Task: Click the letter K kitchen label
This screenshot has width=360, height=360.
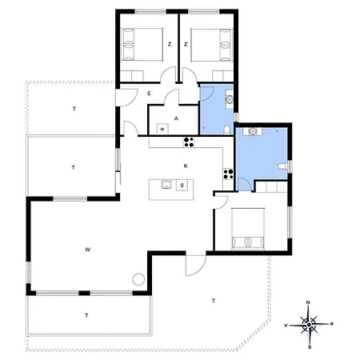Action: pyautogui.click(x=186, y=166)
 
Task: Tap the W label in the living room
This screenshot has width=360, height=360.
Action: pyautogui.click(x=87, y=250)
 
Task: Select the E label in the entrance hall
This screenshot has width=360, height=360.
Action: pyautogui.click(x=149, y=94)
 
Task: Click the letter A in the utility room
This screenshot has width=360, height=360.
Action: pyautogui.click(x=176, y=118)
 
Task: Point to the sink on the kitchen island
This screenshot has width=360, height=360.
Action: pyautogui.click(x=166, y=185)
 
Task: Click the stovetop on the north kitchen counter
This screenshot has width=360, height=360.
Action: pyautogui.click(x=189, y=142)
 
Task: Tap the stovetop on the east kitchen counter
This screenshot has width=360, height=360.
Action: pyautogui.click(x=228, y=174)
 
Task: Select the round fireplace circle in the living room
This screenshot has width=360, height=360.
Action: pyautogui.click(x=138, y=279)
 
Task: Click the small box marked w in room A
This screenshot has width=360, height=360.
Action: pyautogui.click(x=162, y=129)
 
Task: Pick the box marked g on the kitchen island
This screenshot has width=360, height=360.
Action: pyautogui.click(x=182, y=185)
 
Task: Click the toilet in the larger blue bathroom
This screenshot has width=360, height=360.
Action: pyautogui.click(x=283, y=166)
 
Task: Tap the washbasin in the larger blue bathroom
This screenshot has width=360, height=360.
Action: pyautogui.click(x=252, y=131)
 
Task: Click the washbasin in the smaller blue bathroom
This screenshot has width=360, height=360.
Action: pyautogui.click(x=230, y=99)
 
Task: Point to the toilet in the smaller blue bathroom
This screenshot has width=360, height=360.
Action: pyautogui.click(x=227, y=130)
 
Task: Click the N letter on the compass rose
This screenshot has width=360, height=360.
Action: pyautogui.click(x=308, y=302)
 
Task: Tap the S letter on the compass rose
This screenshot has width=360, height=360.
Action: pyautogui.click(x=310, y=347)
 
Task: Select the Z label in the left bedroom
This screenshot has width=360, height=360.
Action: pyautogui.click(x=170, y=44)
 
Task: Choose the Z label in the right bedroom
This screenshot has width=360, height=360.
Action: pyautogui.click(x=186, y=44)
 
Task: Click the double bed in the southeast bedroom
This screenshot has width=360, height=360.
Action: pyautogui.click(x=248, y=229)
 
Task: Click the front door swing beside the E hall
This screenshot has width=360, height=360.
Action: pyautogui.click(x=126, y=98)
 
